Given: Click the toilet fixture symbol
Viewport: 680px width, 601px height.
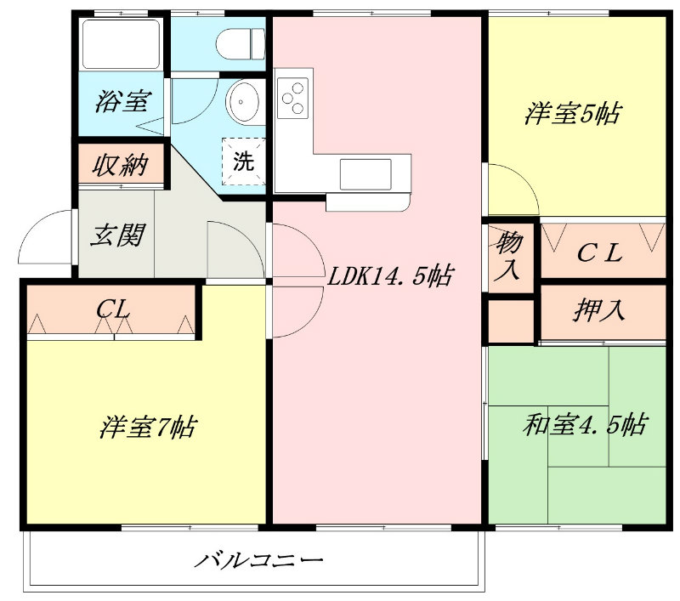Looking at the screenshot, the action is [x=241, y=44].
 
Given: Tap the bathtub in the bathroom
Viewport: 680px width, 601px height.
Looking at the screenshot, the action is [x=121, y=44].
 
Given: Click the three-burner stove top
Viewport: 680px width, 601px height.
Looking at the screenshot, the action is [x=292, y=98].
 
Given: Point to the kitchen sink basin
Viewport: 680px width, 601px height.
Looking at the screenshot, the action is [x=365, y=174].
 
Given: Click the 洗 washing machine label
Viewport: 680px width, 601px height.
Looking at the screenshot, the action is [x=243, y=162].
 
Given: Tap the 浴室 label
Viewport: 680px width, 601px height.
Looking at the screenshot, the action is [x=122, y=101].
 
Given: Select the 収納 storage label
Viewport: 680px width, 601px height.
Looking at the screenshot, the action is [x=120, y=165].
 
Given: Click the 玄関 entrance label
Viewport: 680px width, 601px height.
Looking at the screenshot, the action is [x=117, y=235].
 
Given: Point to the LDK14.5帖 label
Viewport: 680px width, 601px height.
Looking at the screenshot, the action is [x=390, y=276].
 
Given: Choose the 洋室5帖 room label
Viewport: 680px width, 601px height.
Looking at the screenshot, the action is [x=572, y=114].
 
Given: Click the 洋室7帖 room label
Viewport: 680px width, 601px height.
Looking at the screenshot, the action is [x=148, y=427].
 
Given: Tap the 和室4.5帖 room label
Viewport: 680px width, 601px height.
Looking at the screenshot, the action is [x=585, y=424].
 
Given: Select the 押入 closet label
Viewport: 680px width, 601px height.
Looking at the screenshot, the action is [x=599, y=310].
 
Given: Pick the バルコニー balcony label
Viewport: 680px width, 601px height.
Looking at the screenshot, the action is [x=258, y=560].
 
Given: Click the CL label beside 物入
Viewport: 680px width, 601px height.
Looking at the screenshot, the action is [x=600, y=253].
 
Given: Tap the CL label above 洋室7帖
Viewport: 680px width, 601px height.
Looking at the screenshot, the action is [x=113, y=309].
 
